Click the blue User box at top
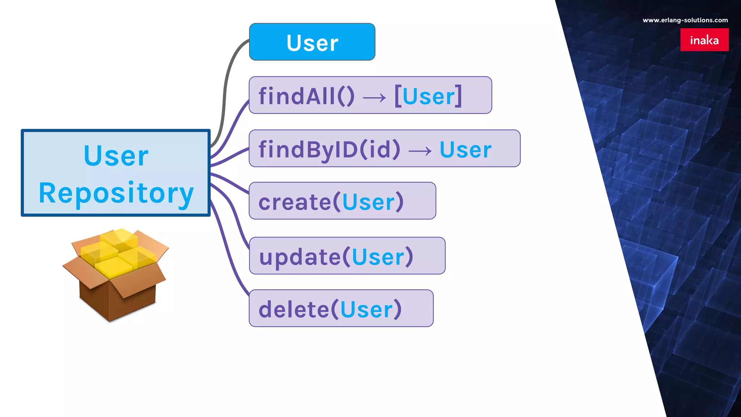tap(312, 42)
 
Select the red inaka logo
tap(704, 40)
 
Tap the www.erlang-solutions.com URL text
tap(685, 20)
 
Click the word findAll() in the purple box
tap(306, 96)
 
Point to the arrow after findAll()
tap(374, 97)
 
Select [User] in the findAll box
tap(428, 96)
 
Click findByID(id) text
tap(329, 149)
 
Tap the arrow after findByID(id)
tap(420, 151)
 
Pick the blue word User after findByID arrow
tap(465, 149)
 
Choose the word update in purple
tap(300, 257)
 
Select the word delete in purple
tap(293, 310)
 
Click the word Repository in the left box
tap(116, 193)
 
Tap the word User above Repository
tap(116, 156)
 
